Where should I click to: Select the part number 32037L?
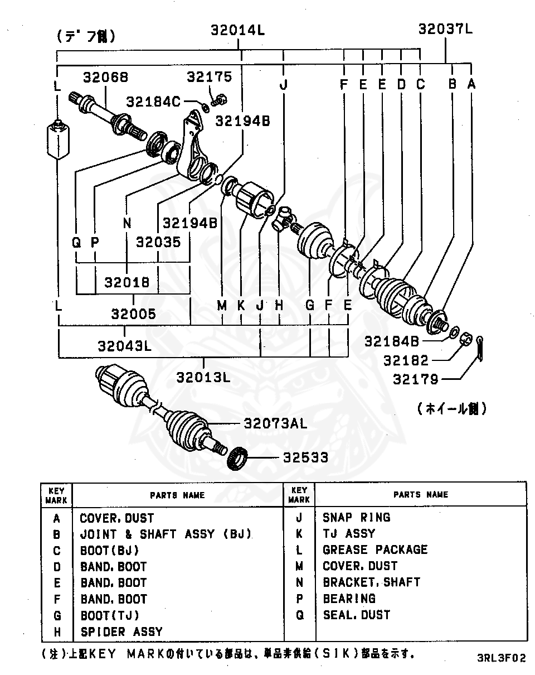click(445, 28)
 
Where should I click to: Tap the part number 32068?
click(106, 77)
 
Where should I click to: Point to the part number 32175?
click(209, 76)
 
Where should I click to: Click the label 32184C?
click(153, 102)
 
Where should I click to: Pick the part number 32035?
click(158, 243)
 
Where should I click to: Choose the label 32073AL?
click(275, 423)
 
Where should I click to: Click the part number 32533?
click(305, 458)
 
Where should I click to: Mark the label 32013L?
click(203, 377)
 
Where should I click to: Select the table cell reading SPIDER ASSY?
click(121, 632)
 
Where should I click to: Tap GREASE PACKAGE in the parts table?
click(375, 550)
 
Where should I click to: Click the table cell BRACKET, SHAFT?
click(371, 582)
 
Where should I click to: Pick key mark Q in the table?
click(299, 615)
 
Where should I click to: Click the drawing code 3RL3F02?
click(501, 658)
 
